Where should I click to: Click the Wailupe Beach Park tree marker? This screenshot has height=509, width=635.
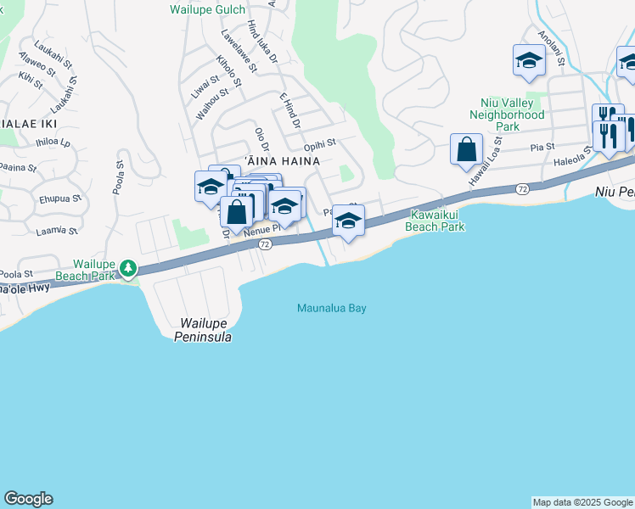point(128,269)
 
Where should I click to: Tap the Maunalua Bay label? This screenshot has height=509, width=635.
point(332,308)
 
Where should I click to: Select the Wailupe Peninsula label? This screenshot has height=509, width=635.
point(206,330)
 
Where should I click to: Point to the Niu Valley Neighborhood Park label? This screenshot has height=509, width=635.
point(507,115)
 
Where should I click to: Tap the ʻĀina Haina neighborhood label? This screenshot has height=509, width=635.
point(282,160)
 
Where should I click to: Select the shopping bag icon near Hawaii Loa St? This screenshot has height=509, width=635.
point(466,150)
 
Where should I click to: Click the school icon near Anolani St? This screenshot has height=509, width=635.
point(529,60)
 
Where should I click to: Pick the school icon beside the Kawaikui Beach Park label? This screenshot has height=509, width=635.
point(348,221)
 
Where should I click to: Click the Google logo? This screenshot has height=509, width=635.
point(28,499)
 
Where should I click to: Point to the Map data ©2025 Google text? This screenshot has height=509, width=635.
point(582,502)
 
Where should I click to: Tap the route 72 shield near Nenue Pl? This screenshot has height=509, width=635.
point(265,244)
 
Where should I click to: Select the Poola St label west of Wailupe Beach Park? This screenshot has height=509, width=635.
point(16,274)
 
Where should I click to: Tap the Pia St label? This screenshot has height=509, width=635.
point(537,147)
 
